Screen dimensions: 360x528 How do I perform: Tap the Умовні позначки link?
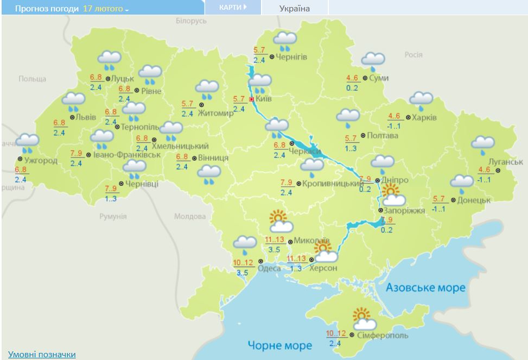(42, 354)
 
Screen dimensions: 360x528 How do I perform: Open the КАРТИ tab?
(233, 8)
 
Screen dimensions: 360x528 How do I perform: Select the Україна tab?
(295, 9)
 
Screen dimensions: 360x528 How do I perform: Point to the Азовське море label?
(425, 288)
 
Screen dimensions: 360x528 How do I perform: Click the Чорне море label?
(280, 345)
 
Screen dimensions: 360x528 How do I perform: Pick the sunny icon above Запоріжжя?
(391, 192)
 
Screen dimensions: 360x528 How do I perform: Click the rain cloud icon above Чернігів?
(285, 40)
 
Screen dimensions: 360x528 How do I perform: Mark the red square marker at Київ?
(251, 99)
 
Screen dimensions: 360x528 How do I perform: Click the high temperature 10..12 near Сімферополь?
(336, 333)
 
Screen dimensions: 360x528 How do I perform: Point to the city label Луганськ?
(505, 162)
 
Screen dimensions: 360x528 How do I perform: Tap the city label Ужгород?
(41, 160)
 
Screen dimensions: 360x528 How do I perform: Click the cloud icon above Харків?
(421, 100)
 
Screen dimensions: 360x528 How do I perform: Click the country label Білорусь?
(192, 21)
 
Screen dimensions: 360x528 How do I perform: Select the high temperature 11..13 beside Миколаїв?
(275, 241)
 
